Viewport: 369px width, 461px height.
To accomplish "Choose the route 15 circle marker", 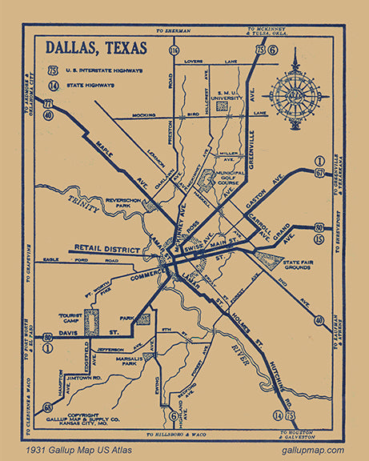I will (319, 238).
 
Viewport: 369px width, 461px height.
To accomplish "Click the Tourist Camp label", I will (71, 321).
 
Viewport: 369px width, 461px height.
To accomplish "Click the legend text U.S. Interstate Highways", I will (108, 70).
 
